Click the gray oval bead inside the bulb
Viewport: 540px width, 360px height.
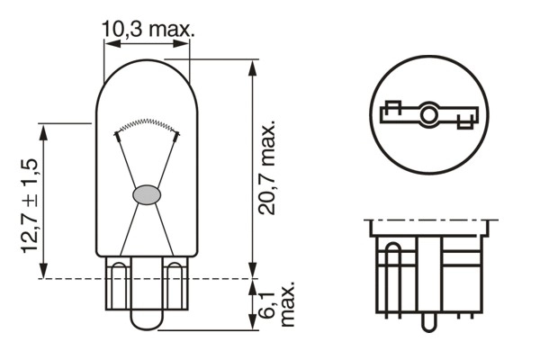(147, 193)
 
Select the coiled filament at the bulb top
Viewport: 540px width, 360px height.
(147, 124)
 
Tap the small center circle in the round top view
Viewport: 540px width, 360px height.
(428, 114)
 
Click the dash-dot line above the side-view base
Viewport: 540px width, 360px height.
(429, 220)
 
